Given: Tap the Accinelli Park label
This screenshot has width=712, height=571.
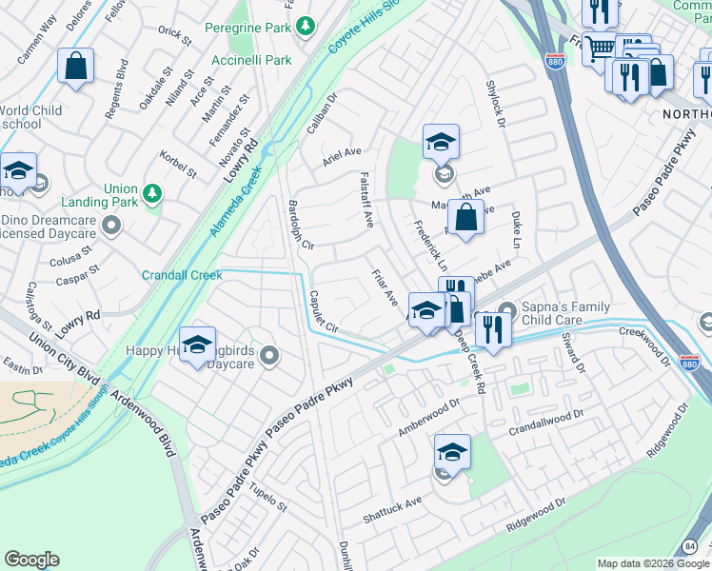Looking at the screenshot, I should point(251,60).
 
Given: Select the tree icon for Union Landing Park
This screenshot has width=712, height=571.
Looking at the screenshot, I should point(152,195).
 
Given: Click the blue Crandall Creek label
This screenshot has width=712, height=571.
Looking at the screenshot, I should point(182,275).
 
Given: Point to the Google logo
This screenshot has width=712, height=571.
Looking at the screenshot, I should point(31,560).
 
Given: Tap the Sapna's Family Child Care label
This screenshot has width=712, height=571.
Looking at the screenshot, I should point(566,315).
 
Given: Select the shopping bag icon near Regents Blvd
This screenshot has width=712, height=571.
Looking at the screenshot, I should point(75,67).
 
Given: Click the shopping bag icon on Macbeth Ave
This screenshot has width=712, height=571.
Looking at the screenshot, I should point(465,217).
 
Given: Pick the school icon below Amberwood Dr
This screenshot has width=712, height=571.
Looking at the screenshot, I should point(452,452).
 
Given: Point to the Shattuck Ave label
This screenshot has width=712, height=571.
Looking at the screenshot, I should point(393,511).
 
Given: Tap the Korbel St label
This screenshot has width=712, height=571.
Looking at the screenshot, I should point(177,163).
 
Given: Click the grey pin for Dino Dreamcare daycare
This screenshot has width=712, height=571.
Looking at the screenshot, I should point(111,226).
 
